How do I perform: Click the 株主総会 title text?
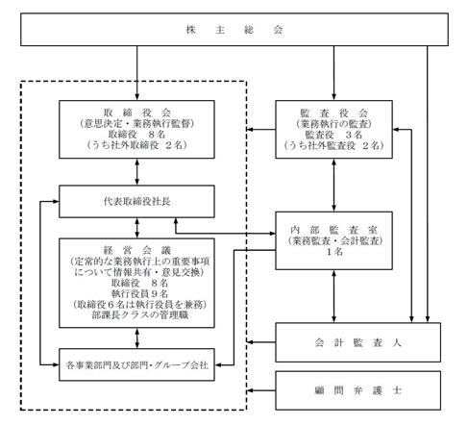coord(234,30)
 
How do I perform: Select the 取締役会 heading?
coord(136,112)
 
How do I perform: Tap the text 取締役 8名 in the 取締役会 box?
coord(136,134)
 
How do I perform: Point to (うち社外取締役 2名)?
coord(136,145)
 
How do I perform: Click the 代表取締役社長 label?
coord(136,202)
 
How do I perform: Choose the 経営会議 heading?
coord(137,250)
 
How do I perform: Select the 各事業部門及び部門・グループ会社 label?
coord(137,365)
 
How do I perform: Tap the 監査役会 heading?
coord(333,112)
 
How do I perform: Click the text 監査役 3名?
coord(333,135)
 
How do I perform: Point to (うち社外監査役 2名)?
coord(333,145)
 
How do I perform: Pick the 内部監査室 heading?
coord(333,230)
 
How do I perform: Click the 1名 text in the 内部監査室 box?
coord(334,252)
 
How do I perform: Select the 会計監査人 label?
coord(357,342)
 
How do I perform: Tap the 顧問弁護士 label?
coord(357,390)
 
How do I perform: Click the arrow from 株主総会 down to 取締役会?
coord(137,73)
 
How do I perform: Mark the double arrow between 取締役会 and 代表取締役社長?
coord(137,172)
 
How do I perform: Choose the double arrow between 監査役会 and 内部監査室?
coord(333,185)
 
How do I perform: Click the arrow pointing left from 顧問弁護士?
coord(261,390)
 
